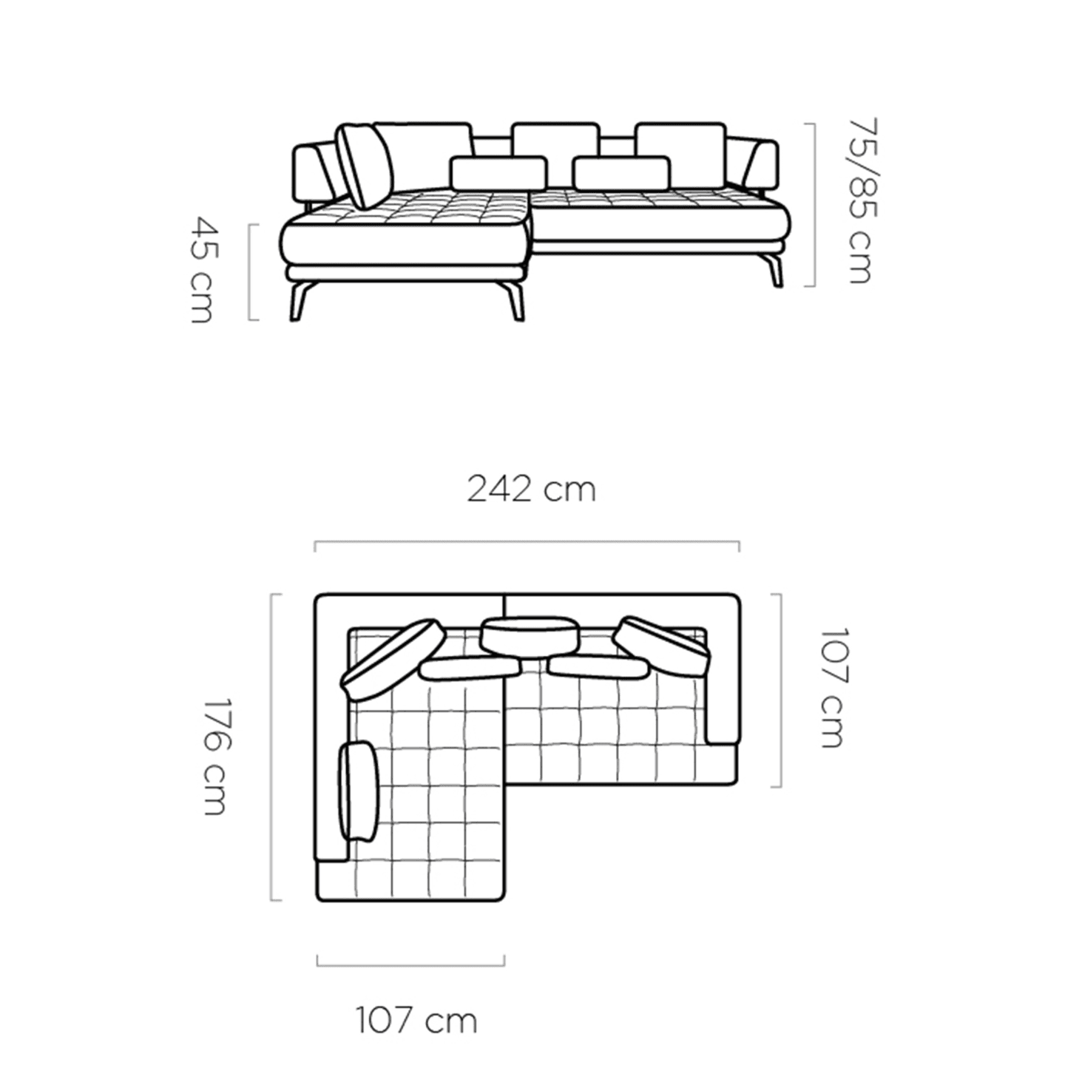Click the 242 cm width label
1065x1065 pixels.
coord(531,490)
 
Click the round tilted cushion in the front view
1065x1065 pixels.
coord(365,166)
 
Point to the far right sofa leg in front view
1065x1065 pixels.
coord(774,270)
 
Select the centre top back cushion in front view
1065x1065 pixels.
coord(555,140)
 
